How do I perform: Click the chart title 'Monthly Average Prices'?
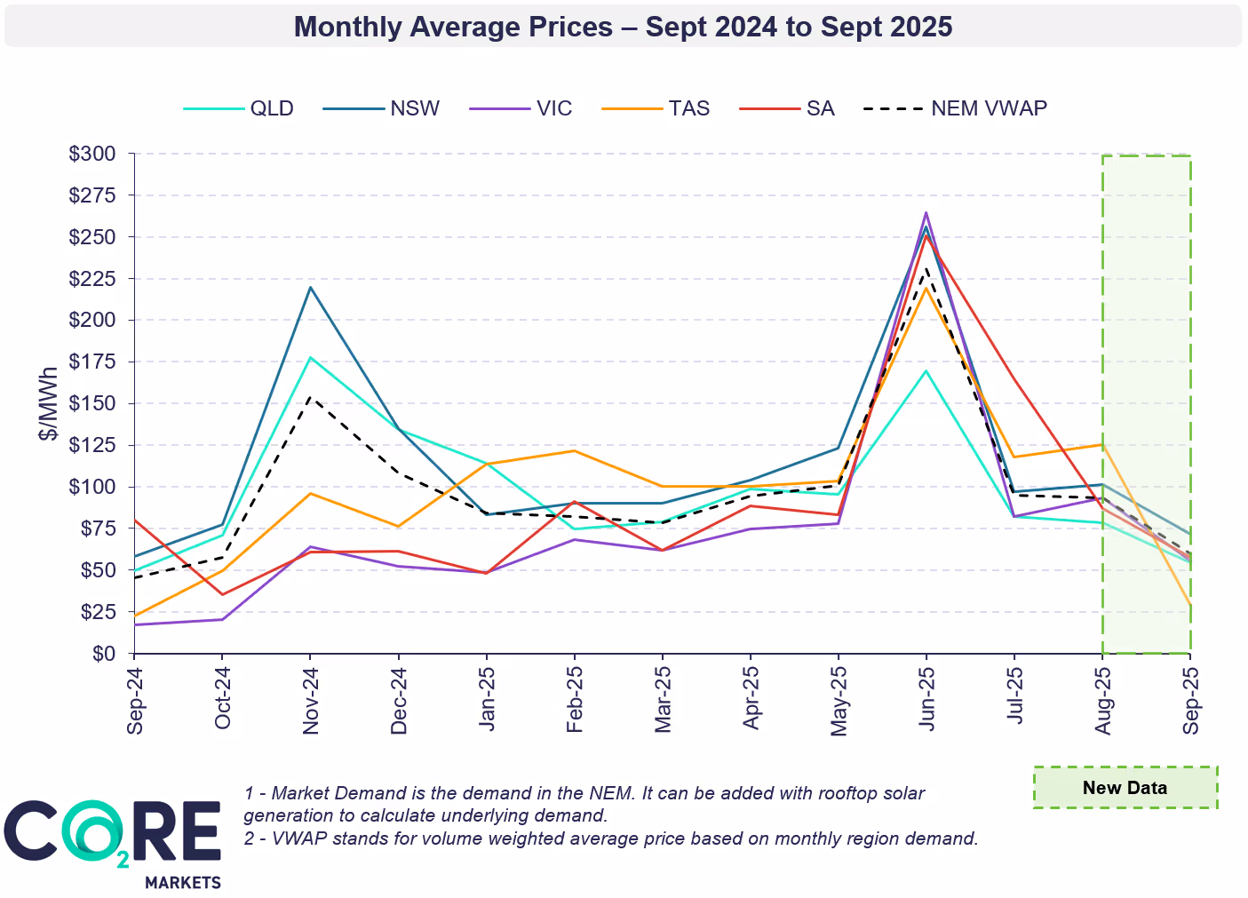pyautogui.click(x=623, y=27)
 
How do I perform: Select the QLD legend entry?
pyautogui.click(x=271, y=108)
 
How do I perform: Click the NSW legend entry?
pyautogui.click(x=414, y=108)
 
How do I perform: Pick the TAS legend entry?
pyautogui.click(x=688, y=108)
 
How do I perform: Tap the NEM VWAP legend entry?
pyautogui.click(x=988, y=108)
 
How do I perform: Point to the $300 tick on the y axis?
pyautogui.click(x=92, y=154)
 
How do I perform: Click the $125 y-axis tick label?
pyautogui.click(x=92, y=445)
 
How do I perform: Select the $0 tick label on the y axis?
pyautogui.click(x=104, y=654)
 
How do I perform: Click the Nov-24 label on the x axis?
pyautogui.click(x=311, y=701)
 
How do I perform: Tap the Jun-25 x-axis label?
pyautogui.click(x=926, y=701)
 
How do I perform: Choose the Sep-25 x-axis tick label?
pyautogui.click(x=1190, y=701)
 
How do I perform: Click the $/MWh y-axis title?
pyautogui.click(x=49, y=404)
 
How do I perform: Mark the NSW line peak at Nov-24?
pyautogui.click(x=310, y=287)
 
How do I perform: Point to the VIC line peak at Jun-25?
pyautogui.click(x=926, y=212)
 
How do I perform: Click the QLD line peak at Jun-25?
pyautogui.click(x=926, y=370)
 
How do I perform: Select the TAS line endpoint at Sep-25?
pyautogui.click(x=1189, y=605)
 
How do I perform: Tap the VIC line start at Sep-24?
pyautogui.click(x=134, y=624)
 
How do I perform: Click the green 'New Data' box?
pyautogui.click(x=1125, y=788)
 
